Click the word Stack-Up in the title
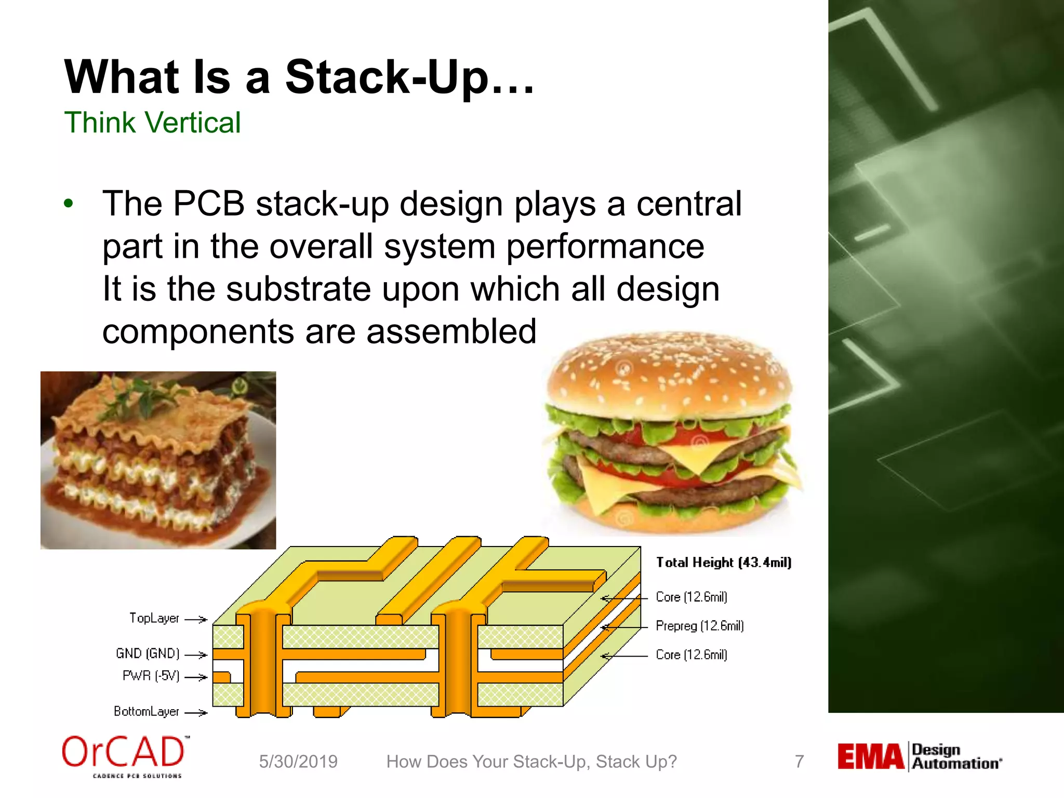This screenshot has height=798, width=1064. [387, 78]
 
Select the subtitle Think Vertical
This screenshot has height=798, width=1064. [152, 123]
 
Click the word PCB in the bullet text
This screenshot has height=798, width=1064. [208, 204]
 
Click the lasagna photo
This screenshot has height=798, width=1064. [158, 460]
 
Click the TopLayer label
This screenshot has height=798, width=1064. [154, 618]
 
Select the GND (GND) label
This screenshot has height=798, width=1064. [148, 654]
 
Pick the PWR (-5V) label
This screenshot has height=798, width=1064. [151, 676]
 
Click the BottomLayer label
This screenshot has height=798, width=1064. [147, 712]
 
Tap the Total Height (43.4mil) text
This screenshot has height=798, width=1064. [723, 563]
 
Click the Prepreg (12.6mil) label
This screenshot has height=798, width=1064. [699, 626]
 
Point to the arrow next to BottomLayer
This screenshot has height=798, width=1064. [196, 713]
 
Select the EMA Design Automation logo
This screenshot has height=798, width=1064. [919, 757]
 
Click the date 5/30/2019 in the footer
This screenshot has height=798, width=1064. [298, 762]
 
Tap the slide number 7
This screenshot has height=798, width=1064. [799, 762]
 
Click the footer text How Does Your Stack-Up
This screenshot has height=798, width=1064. [531, 762]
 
